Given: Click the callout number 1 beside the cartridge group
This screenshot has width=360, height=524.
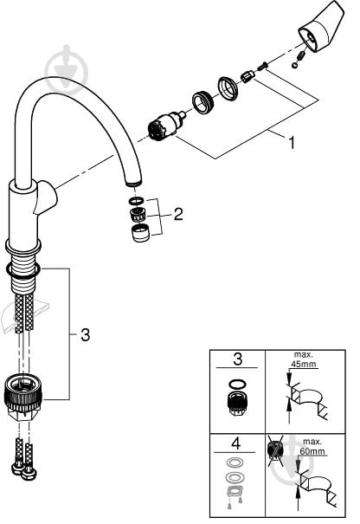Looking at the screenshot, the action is [x=292, y=143].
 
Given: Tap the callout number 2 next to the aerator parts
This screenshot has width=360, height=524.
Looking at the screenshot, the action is [x=178, y=214].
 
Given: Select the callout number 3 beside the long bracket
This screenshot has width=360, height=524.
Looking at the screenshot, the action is [x=86, y=334].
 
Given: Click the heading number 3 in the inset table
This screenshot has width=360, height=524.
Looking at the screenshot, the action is [x=237, y=359].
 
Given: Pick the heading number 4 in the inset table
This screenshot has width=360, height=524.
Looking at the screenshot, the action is [x=235, y=443].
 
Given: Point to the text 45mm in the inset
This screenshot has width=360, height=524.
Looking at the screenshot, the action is [x=304, y=364].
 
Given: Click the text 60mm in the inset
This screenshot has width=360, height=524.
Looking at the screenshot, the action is [x=312, y=451].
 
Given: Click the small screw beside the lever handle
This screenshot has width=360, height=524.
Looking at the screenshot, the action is [x=262, y=66].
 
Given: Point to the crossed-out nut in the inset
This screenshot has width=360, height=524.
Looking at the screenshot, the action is [x=275, y=450].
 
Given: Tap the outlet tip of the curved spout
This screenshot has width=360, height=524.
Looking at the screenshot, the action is [x=133, y=184].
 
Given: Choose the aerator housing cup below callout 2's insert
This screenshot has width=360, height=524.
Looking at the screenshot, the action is [x=141, y=233].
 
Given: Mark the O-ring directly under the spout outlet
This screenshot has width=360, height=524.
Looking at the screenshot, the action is [x=136, y=201].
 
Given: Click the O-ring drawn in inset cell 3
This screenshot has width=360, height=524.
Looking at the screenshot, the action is [x=237, y=384].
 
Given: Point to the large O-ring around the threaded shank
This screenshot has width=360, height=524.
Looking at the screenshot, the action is [x=22, y=270].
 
